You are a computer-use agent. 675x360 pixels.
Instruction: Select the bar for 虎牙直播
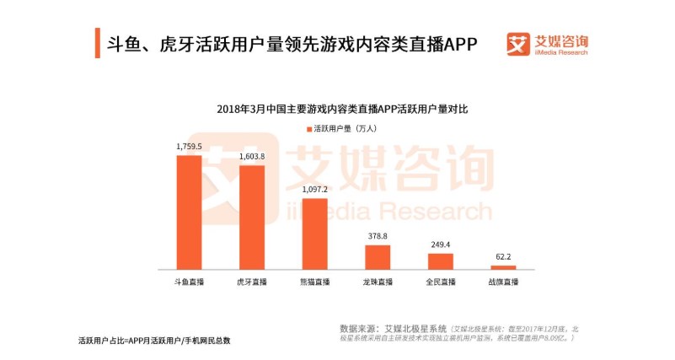pos(252,217)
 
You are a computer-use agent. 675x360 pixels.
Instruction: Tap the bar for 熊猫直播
pos(314,234)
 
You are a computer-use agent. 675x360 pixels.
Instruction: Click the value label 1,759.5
pos(189,147)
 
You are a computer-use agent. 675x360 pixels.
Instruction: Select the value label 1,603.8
pos(252,157)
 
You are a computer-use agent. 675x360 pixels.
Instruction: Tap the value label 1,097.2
pos(314,190)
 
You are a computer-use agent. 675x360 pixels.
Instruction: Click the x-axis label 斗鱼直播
pos(189,281)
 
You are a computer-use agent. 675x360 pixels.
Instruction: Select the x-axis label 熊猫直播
pos(314,281)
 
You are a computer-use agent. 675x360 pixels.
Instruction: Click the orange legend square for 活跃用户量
pos(308,129)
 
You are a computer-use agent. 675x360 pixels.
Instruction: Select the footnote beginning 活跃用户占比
pos(153,340)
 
